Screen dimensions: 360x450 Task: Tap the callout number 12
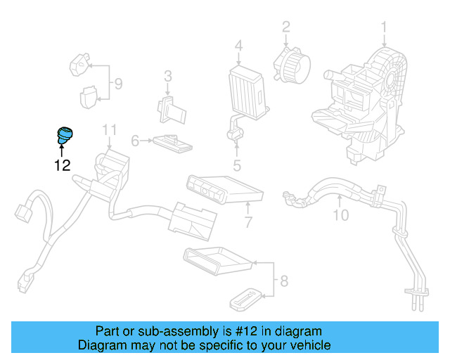pos(62,166)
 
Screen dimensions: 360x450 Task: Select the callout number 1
pos(385,27)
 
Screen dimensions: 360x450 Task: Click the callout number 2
pos(286,27)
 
